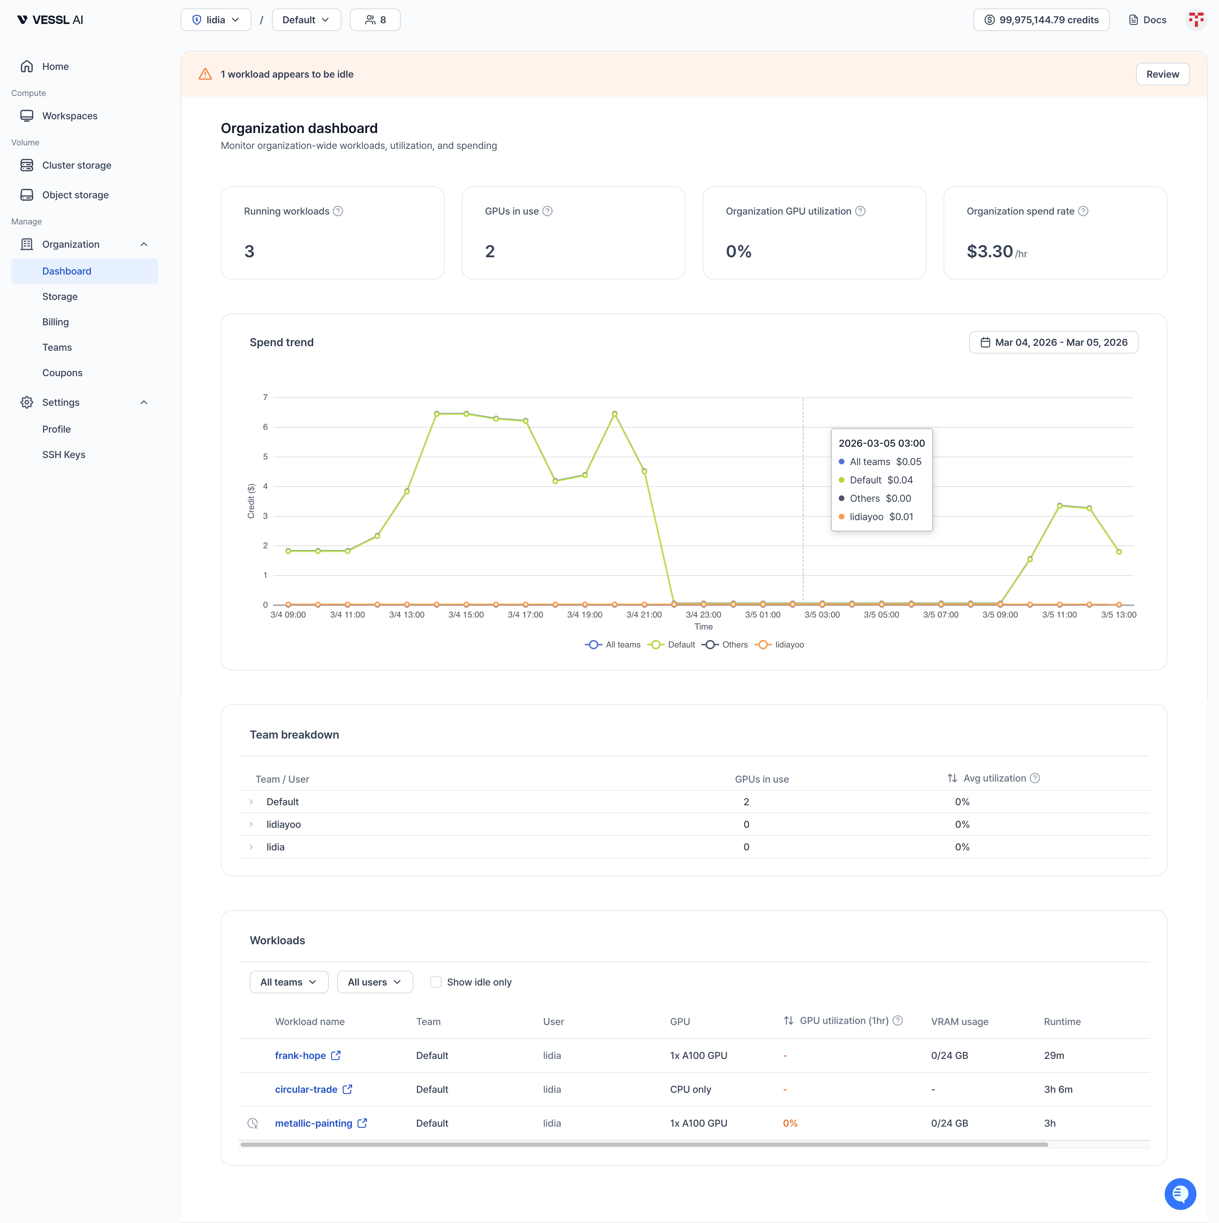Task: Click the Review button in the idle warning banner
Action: [x=1162, y=74]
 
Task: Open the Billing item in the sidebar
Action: [x=56, y=321]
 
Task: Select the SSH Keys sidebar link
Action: [x=63, y=454]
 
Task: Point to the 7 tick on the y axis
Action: [x=265, y=398]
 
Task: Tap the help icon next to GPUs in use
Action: [x=547, y=211]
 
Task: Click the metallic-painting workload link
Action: [x=313, y=1123]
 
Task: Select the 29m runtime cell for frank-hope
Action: [x=1054, y=1055]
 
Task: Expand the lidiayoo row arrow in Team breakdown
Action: [x=251, y=824]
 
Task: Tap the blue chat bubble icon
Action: [x=1180, y=1193]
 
